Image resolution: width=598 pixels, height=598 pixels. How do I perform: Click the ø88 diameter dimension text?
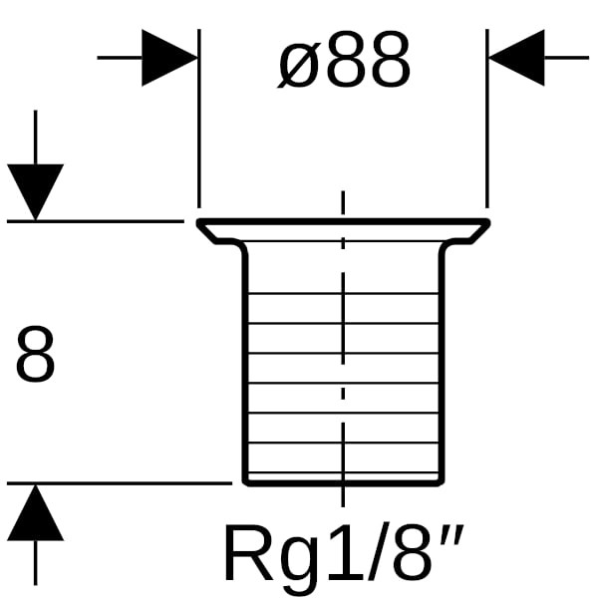[x=343, y=63]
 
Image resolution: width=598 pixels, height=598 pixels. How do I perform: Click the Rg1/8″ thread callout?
[x=343, y=553]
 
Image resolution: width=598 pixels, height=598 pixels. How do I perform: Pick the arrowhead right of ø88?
[x=517, y=58]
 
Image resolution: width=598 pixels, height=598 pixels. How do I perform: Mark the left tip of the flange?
[x=199, y=222]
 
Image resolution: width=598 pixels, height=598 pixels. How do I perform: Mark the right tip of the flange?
[x=487, y=222]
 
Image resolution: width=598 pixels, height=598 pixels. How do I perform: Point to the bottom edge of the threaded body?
[x=299, y=482]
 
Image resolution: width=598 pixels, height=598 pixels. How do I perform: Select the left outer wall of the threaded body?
[x=245, y=369]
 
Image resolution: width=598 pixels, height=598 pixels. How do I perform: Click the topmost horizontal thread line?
[x=299, y=294]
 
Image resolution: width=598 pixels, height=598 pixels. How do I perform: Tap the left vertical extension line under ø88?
[x=199, y=130]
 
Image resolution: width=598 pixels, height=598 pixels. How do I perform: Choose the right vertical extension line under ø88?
[x=486, y=130]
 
